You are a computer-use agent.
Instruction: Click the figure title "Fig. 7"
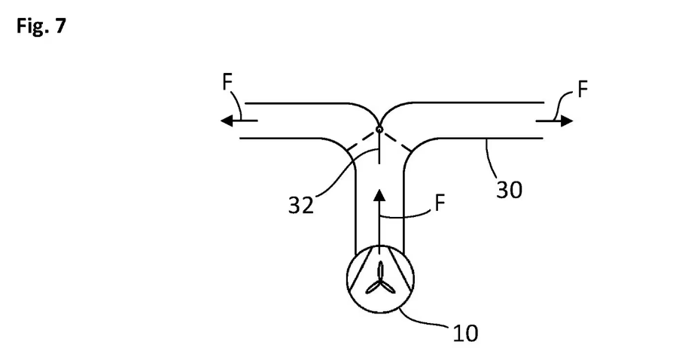[x=41, y=26]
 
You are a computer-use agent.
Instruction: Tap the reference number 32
[x=300, y=205]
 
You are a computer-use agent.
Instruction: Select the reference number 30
[x=510, y=190]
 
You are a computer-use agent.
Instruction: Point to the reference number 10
[x=465, y=334]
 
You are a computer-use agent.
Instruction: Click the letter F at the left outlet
[x=227, y=82]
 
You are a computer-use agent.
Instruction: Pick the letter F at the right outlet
[x=583, y=89]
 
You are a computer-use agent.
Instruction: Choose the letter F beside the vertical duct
[x=440, y=203]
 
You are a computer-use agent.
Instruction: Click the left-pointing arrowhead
[x=227, y=121]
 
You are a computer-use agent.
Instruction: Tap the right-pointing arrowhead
[x=567, y=121]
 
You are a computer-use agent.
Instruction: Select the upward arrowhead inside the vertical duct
[x=379, y=195]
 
